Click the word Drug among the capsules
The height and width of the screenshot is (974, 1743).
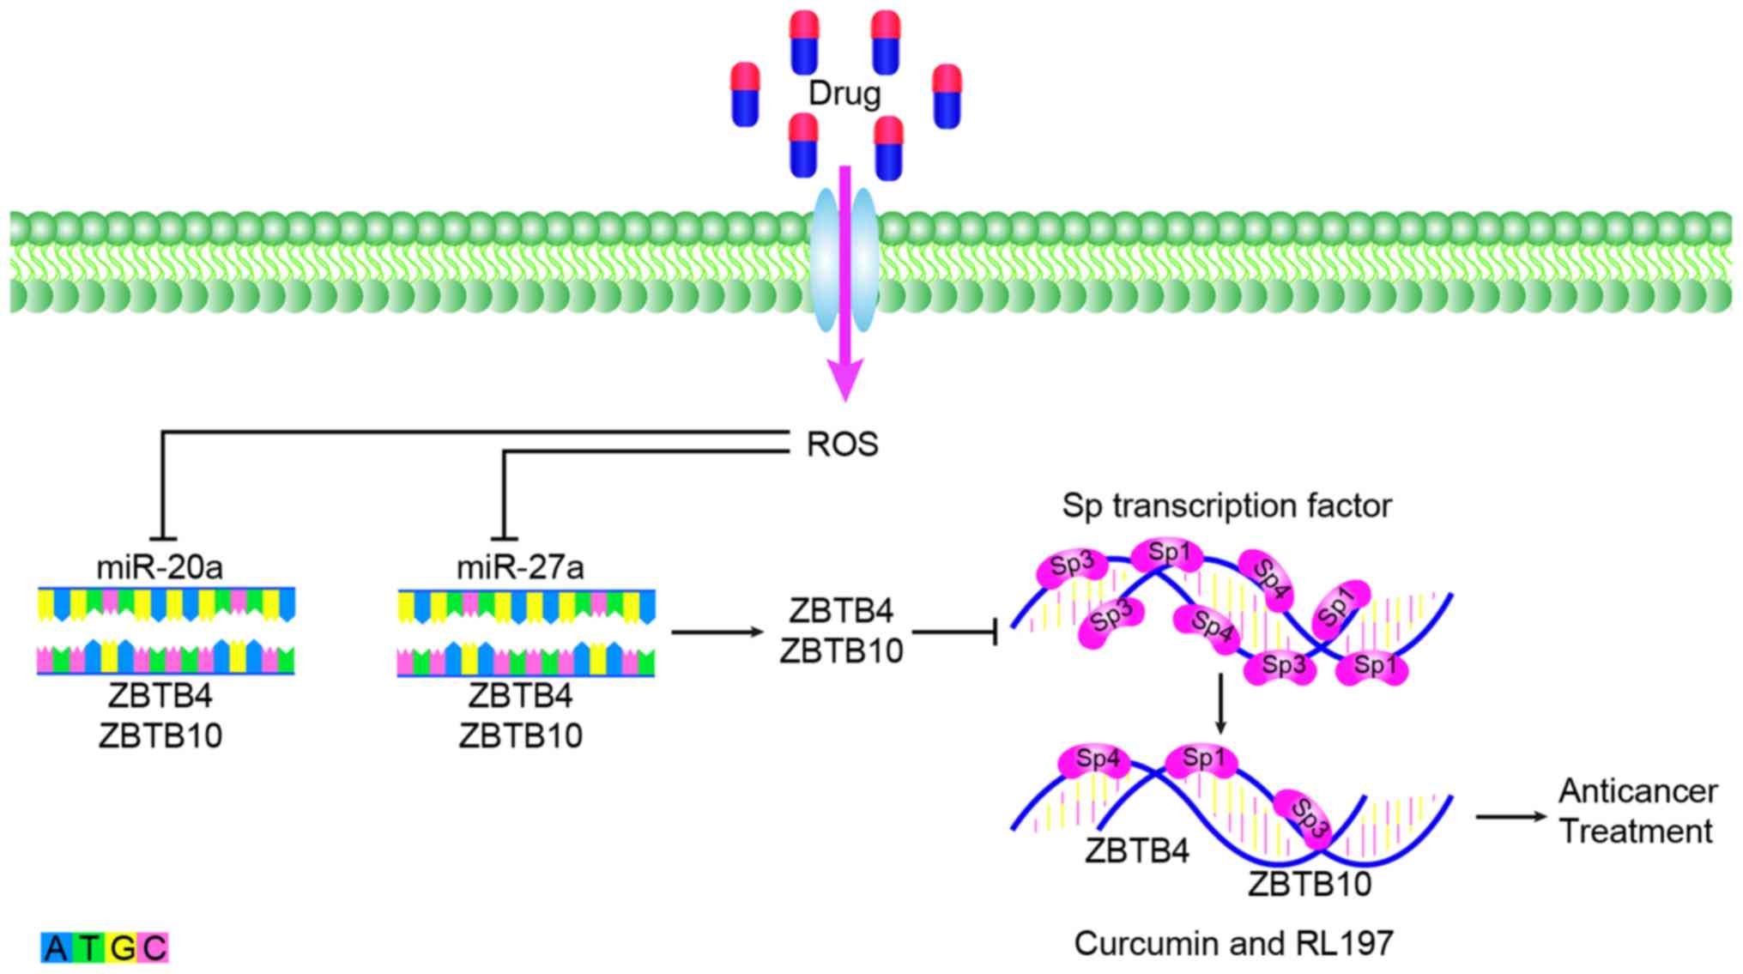844,93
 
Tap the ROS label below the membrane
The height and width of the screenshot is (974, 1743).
842,445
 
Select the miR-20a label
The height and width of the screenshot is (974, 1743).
160,567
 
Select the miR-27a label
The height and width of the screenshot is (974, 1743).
520,567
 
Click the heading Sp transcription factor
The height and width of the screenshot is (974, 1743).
1226,505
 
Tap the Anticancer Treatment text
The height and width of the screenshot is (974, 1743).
1637,811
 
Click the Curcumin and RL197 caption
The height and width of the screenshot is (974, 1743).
1233,943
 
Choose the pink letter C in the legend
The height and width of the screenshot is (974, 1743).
154,948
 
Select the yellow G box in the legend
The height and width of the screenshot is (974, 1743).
122,948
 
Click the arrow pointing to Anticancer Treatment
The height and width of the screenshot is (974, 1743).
1510,815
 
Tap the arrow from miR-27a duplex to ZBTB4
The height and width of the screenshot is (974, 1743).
717,632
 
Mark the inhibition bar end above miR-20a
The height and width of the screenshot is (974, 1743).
162,538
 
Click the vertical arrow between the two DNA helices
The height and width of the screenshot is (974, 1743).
1220,704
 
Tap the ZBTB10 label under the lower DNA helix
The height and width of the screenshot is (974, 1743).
1310,884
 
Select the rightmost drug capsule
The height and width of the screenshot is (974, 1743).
947,96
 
